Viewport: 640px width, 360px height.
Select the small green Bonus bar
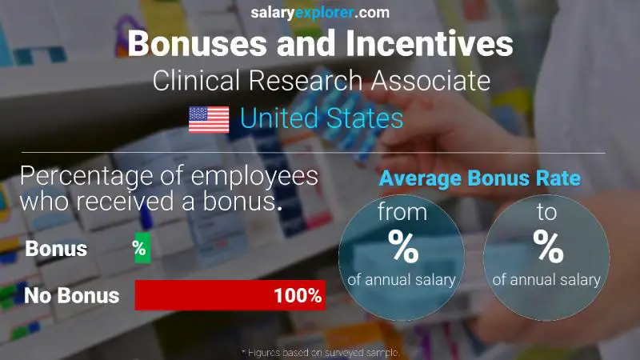142,248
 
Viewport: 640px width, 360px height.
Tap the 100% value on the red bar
297,296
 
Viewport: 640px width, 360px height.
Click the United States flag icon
209,120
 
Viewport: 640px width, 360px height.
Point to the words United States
322,119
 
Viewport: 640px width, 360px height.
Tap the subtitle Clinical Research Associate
320,81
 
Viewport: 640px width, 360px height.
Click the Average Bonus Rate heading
479,178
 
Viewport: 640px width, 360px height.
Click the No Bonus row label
72,296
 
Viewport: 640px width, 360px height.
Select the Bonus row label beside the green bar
56,248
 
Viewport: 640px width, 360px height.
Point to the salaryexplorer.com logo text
319,12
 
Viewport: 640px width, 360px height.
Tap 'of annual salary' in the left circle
402,280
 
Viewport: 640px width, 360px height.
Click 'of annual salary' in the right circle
547,279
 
